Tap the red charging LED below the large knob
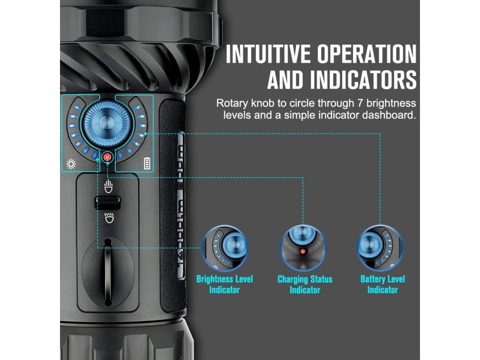click(108, 157)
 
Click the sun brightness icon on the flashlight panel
click(71, 164)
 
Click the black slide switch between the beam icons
click(108, 202)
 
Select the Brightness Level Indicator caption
click(224, 285)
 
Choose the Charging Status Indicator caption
click(305, 285)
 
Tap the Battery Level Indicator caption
click(382, 285)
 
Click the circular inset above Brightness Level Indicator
click(224, 247)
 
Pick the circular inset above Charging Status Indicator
click(304, 247)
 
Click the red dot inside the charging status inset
click(303, 252)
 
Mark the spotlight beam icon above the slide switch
click(108, 186)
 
